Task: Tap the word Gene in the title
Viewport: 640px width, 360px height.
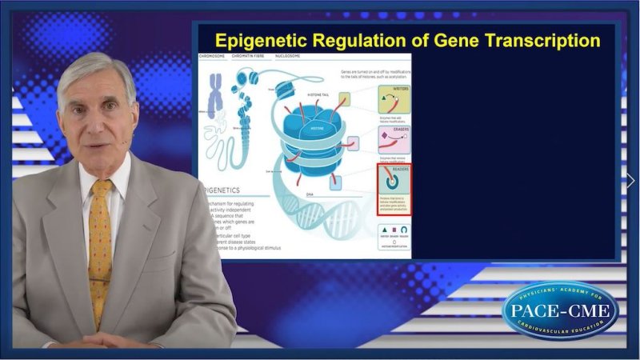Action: [x=442, y=40]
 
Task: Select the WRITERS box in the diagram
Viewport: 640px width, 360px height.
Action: [x=393, y=103]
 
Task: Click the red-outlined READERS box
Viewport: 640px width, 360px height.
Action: [x=393, y=189]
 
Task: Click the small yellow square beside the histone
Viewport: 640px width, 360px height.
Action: [x=344, y=99]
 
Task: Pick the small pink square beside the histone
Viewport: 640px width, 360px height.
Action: [x=352, y=143]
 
